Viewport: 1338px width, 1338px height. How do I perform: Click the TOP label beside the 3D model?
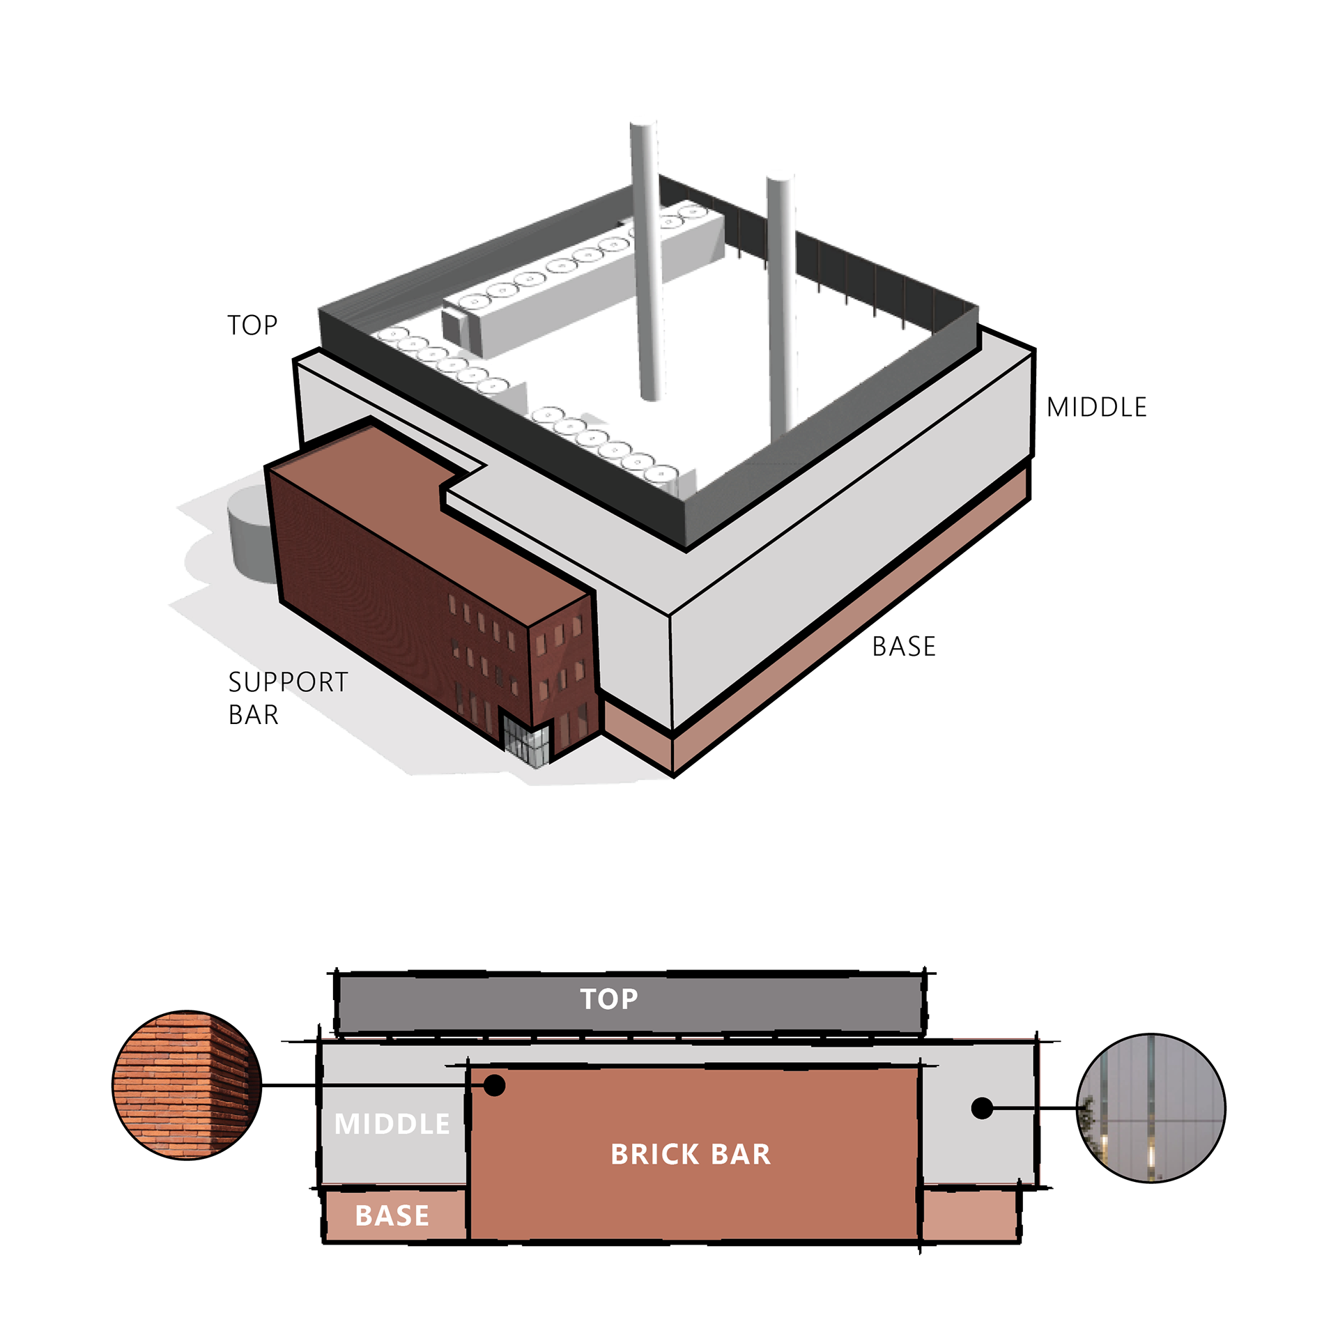click(252, 325)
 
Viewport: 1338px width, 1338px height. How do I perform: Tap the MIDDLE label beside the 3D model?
click(1097, 408)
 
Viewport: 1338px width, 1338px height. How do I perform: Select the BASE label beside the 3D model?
click(904, 647)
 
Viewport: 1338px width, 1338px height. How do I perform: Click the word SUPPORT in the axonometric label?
click(288, 682)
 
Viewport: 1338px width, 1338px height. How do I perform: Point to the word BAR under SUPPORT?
click(254, 715)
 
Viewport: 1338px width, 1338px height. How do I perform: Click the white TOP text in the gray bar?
click(609, 999)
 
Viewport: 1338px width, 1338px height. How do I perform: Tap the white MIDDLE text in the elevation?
click(392, 1124)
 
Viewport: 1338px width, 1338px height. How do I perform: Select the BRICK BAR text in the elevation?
click(691, 1155)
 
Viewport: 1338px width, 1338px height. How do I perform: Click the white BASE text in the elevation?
click(392, 1216)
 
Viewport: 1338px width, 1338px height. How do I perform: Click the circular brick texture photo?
click(187, 1085)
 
